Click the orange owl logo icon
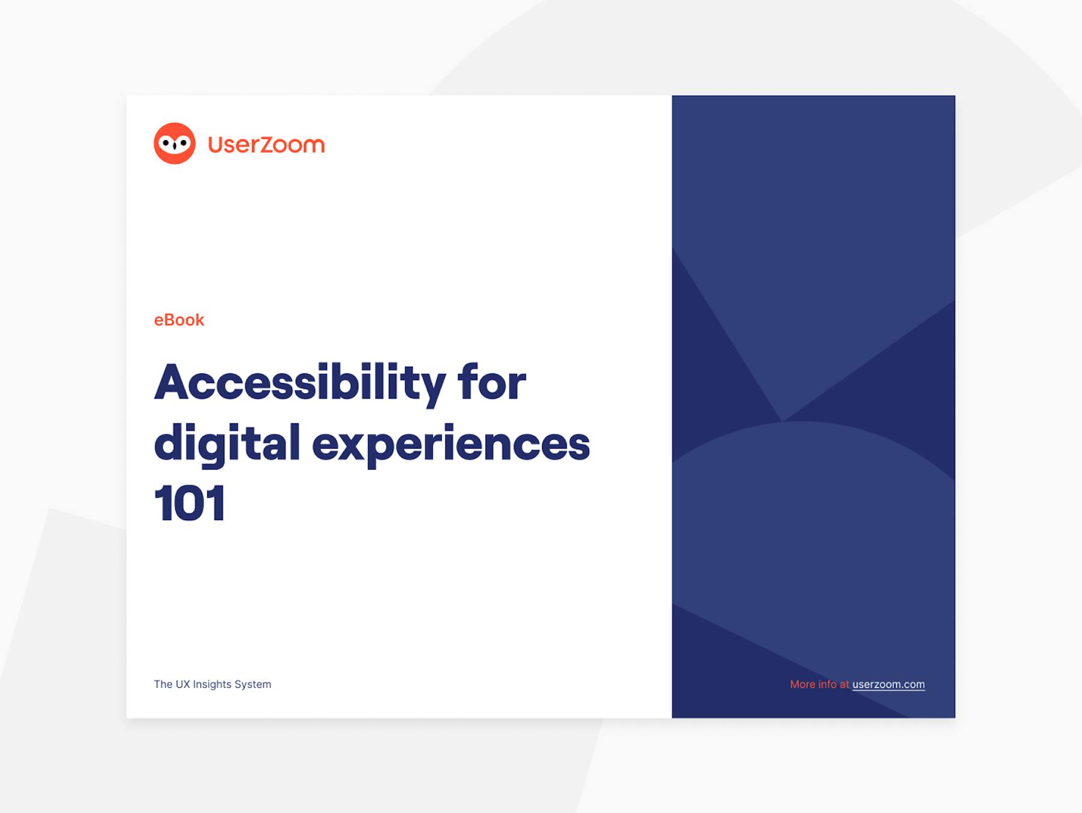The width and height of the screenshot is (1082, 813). click(175, 144)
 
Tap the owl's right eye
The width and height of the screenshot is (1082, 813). click(183, 143)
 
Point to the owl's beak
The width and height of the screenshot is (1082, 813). click(175, 147)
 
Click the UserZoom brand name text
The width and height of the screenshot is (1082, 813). click(266, 144)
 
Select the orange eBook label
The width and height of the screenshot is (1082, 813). click(179, 320)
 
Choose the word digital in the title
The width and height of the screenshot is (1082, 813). click(227, 444)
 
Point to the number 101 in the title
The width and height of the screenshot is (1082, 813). click(190, 503)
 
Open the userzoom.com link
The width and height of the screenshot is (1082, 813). click(888, 684)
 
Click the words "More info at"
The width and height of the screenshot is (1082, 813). click(819, 684)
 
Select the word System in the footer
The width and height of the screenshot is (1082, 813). click(253, 684)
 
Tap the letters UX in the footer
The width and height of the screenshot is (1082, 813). click(183, 684)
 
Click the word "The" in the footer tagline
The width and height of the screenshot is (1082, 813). click(163, 684)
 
